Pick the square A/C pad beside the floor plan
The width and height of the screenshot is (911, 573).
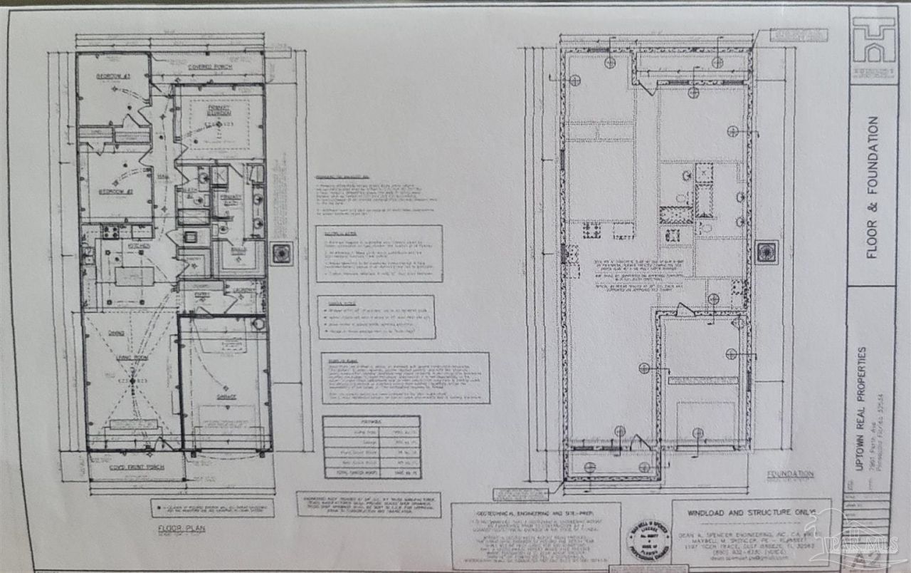click(283, 252)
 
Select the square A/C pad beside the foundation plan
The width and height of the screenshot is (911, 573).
click(767, 252)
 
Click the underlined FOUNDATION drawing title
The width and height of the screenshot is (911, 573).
click(789, 473)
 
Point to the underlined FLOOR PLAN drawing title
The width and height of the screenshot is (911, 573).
click(177, 530)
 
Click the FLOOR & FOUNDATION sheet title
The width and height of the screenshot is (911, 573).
click(873, 187)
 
